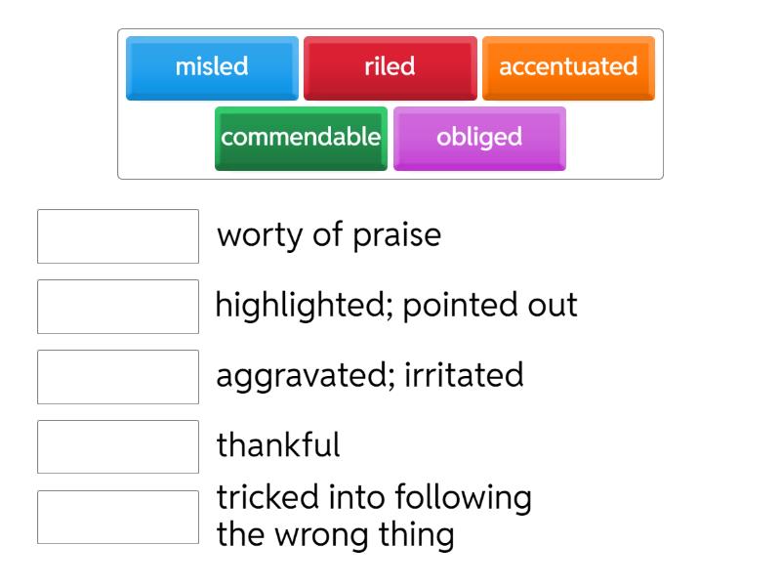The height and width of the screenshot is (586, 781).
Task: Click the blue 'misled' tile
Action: coord(212,67)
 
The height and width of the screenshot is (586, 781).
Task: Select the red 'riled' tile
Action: coord(390,67)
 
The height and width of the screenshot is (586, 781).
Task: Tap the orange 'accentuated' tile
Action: coord(568,67)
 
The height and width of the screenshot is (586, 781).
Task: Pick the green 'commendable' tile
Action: coord(301,138)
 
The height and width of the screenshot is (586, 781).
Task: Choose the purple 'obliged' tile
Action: coord(479,138)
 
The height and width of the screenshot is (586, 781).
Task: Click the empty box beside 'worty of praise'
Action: coord(118,236)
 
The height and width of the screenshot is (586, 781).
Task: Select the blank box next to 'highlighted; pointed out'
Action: coord(118,307)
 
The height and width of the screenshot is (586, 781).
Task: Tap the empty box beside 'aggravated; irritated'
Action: coord(118,377)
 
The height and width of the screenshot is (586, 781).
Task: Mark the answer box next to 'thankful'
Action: coord(118,447)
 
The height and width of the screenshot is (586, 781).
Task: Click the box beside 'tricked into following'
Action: coord(118,518)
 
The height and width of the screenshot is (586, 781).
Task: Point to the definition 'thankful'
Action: coord(278,445)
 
